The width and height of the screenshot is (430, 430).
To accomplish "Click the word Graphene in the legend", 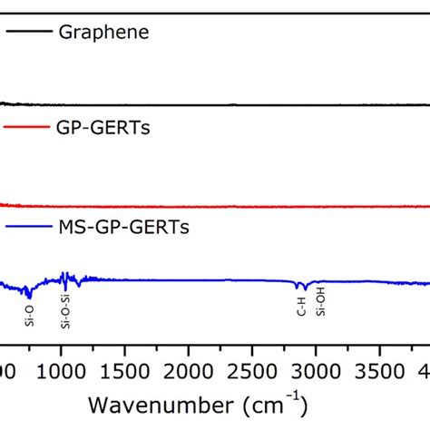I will point(103,33).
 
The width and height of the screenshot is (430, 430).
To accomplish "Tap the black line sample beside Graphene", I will point(27,34).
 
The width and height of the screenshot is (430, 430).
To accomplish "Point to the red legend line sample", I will point(27,129).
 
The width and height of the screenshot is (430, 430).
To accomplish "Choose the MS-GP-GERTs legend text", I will point(132,227).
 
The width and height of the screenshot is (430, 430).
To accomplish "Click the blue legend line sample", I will point(27,228).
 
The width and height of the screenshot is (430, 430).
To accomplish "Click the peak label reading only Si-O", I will point(29,316).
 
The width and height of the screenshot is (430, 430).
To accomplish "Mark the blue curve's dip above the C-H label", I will point(303,289).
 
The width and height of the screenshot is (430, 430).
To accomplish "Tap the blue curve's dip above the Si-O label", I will point(29,295).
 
